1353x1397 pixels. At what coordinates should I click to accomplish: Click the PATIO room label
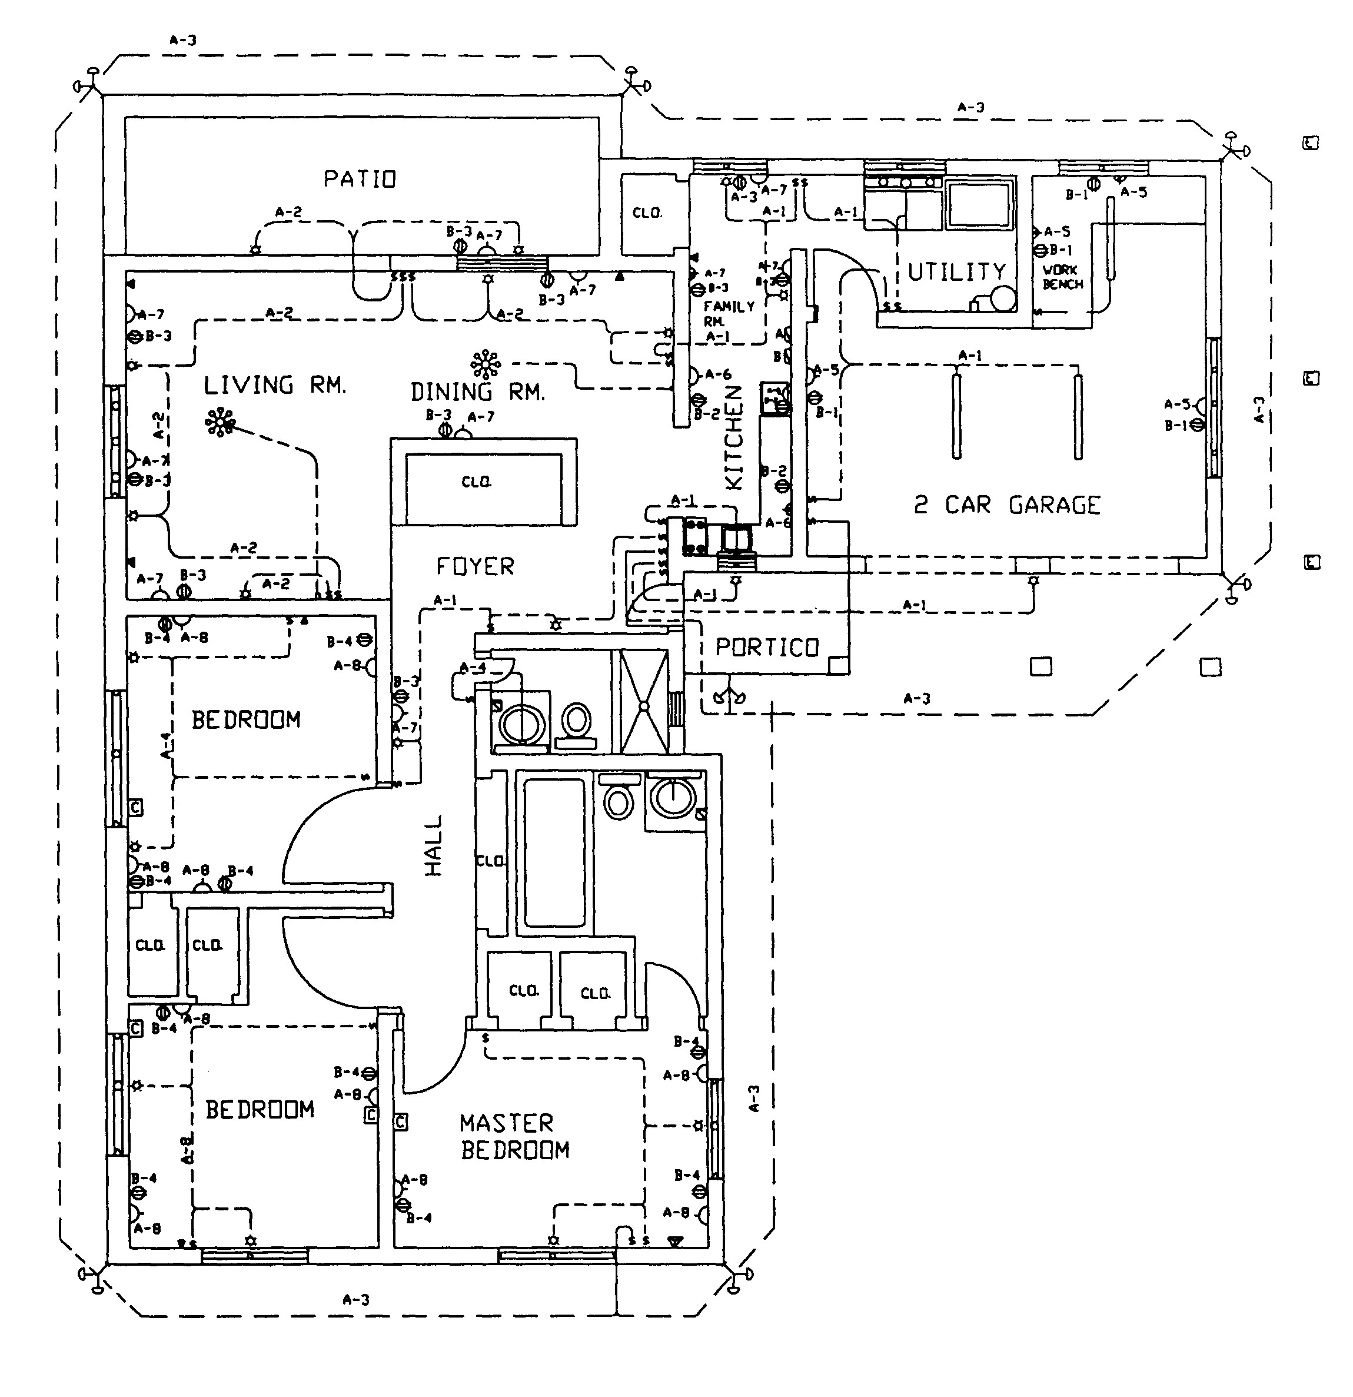click(x=360, y=178)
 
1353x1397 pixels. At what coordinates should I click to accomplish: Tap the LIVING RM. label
click(x=275, y=386)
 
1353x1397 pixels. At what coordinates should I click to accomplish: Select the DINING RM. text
click(x=477, y=392)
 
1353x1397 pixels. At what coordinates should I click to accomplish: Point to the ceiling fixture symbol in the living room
click(x=220, y=422)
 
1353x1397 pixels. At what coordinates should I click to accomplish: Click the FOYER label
click(x=475, y=567)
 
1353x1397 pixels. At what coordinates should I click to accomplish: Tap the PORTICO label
click(x=767, y=647)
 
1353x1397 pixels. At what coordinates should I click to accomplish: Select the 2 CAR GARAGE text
click(x=1007, y=505)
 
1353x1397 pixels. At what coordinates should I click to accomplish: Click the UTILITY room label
click(x=957, y=271)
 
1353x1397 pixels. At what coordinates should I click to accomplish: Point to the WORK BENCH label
click(x=1062, y=277)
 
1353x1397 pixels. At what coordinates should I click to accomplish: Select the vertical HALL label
click(x=433, y=845)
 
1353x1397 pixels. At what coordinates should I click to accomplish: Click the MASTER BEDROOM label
click(x=514, y=1137)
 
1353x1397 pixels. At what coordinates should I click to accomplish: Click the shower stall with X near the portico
click(x=644, y=702)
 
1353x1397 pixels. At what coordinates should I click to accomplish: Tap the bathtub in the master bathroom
click(x=554, y=852)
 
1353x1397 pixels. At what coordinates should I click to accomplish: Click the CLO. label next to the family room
click(x=647, y=213)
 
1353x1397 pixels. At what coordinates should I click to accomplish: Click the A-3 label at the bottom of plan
click(x=355, y=1299)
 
